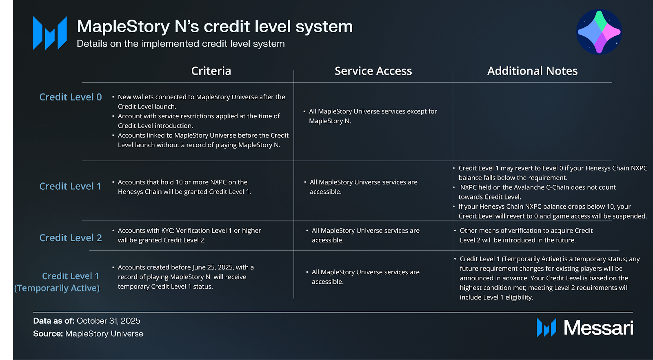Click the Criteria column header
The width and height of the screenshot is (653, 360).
(211, 71)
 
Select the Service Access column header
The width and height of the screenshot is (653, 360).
(373, 71)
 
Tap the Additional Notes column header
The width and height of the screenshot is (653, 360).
(532, 71)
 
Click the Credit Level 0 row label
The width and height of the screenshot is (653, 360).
(70, 97)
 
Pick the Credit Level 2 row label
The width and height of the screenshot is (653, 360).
(70, 238)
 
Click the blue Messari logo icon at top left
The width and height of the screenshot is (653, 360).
(50, 33)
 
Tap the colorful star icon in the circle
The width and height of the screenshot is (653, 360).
(599, 32)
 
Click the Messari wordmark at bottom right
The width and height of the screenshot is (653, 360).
(598, 328)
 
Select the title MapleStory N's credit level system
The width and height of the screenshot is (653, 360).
(215, 27)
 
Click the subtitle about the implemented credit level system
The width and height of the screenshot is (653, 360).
(181, 44)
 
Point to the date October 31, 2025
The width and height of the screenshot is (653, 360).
(108, 321)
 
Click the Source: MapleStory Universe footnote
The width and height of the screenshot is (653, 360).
(88, 334)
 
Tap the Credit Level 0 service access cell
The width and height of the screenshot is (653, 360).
(372, 116)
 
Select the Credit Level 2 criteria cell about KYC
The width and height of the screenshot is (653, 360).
(189, 236)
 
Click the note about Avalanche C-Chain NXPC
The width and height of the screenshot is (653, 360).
(537, 192)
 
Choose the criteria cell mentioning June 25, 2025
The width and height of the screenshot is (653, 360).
(185, 277)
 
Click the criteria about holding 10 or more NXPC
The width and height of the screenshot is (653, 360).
(184, 187)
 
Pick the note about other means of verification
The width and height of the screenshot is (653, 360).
(526, 236)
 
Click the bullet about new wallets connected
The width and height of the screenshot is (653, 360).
(201, 102)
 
